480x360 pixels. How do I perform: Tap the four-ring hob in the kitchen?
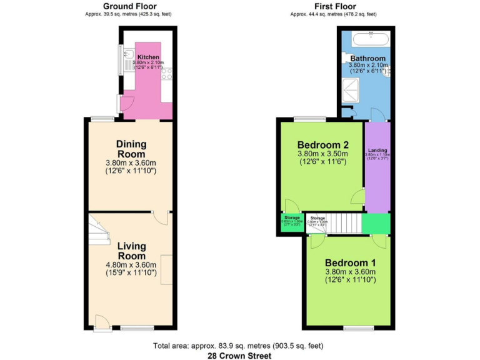(x=167, y=76)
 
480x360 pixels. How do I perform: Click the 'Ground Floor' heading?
(x=128, y=6)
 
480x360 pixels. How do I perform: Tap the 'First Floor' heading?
(x=333, y=6)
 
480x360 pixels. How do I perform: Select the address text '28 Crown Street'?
(x=240, y=356)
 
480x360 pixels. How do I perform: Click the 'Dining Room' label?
(x=131, y=149)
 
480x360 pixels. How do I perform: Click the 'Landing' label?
(x=377, y=151)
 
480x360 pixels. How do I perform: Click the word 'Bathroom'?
(x=367, y=59)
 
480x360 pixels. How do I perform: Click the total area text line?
(x=240, y=346)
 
